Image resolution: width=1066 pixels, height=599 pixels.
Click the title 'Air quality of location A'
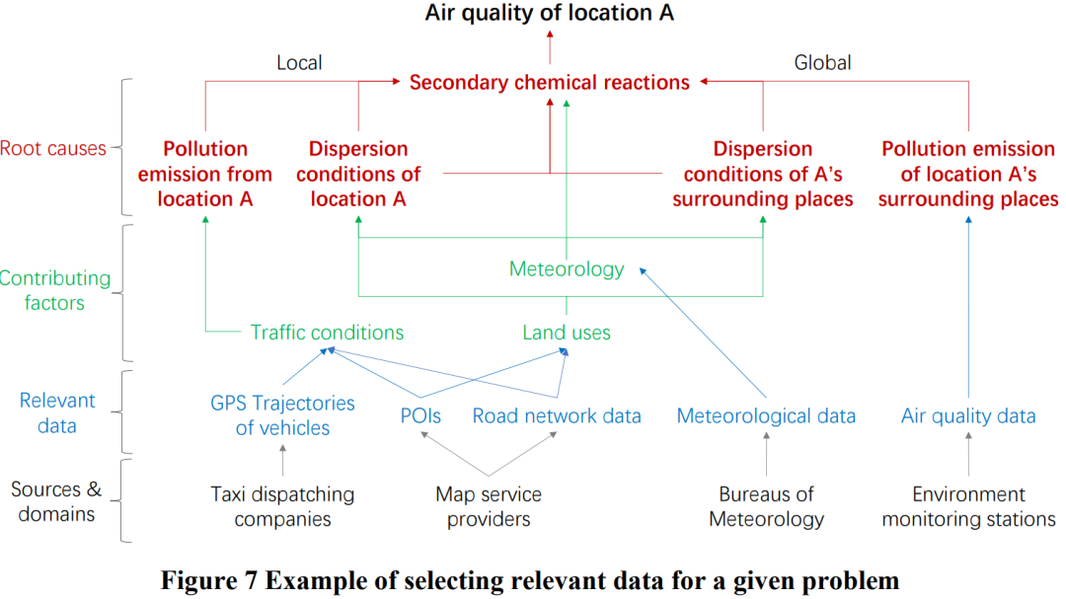pos(550,13)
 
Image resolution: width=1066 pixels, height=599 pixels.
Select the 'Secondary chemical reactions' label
pos(550,82)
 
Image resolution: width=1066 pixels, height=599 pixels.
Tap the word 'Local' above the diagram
pos(299,63)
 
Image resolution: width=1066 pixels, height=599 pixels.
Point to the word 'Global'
pos(822,63)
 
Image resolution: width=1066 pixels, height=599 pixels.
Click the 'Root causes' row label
pos(53,149)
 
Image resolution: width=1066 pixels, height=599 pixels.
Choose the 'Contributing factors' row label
pos(55,290)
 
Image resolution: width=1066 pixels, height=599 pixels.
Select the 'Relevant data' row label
pos(58,413)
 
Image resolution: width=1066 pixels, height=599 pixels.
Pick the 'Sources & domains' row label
pos(56,501)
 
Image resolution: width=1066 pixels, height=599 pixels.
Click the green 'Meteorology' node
pos(567,268)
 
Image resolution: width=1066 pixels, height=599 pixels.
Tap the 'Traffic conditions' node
pos(327,333)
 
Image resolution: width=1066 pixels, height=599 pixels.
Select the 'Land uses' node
pos(567,333)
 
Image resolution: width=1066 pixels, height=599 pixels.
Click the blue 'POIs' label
pos(419,415)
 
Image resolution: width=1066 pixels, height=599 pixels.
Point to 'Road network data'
pos(557,415)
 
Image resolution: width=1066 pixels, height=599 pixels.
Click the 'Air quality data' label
pos(968,415)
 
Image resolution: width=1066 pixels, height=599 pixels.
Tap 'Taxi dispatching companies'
pos(282,506)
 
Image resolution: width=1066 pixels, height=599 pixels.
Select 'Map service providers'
pos(489,506)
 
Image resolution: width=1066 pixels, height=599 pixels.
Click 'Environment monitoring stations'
pos(968,506)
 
